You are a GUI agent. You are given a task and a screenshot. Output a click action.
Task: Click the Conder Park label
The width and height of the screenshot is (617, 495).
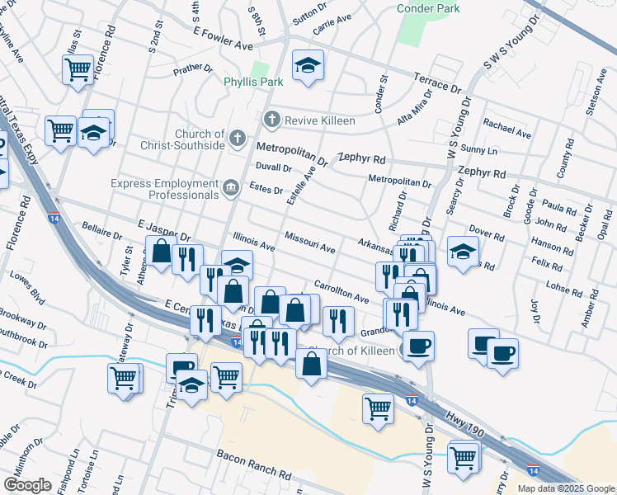pyautogui.click(x=429, y=8)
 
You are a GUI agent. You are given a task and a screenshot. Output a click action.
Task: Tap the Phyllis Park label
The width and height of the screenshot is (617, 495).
pyautogui.click(x=253, y=82)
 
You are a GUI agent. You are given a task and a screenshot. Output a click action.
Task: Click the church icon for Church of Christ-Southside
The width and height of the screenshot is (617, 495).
pyautogui.click(x=238, y=139)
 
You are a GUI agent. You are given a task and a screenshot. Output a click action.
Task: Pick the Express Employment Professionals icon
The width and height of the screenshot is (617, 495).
pyautogui.click(x=232, y=188)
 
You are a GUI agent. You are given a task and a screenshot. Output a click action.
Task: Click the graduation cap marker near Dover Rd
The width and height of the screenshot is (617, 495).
pyautogui.click(x=464, y=251)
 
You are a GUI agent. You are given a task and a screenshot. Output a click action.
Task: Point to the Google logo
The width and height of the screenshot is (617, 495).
pyautogui.click(x=27, y=484)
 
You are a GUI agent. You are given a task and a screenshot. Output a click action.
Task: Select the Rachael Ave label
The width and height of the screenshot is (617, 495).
pyautogui.click(x=507, y=131)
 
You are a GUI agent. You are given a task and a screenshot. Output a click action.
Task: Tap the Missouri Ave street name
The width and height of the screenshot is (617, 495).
pyautogui.click(x=309, y=242)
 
